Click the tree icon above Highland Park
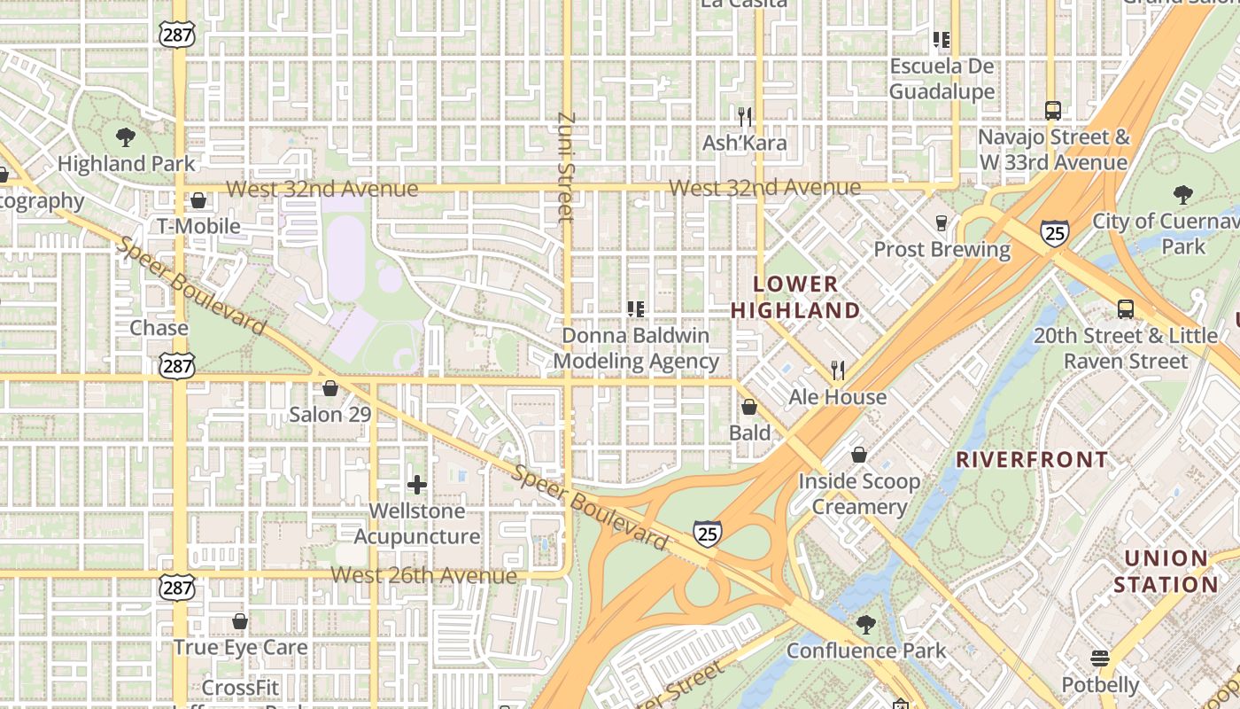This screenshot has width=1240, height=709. coord(126,136)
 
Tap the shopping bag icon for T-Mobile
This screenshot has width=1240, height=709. coord(198,200)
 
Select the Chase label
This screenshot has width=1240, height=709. coord(159,328)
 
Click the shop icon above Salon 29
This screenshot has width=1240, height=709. coord(329,388)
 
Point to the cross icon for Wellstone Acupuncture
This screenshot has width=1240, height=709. coord(417,485)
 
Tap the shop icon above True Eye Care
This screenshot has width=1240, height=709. coord(239,621)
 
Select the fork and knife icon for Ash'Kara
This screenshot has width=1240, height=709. coord(745,116)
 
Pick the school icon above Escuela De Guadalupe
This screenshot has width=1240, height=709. coord(942,40)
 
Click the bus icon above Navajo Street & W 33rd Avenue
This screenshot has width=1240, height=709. coord(1052,111)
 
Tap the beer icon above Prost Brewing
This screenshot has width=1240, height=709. coord(942,222)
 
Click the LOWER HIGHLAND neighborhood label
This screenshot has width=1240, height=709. coord(795,297)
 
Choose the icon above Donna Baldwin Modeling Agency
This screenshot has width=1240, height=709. coord(635,309)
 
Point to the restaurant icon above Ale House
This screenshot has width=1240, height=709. coord(838,370)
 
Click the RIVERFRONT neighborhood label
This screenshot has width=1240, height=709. coord(1032,459)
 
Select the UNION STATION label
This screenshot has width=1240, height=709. coord(1166,572)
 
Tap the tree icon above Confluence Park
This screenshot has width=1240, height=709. coord(866,625)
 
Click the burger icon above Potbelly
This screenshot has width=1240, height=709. coord(1100,658)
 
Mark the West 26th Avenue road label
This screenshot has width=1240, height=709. coord(423,575)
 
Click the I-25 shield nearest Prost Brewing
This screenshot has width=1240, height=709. coord(1054,232)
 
